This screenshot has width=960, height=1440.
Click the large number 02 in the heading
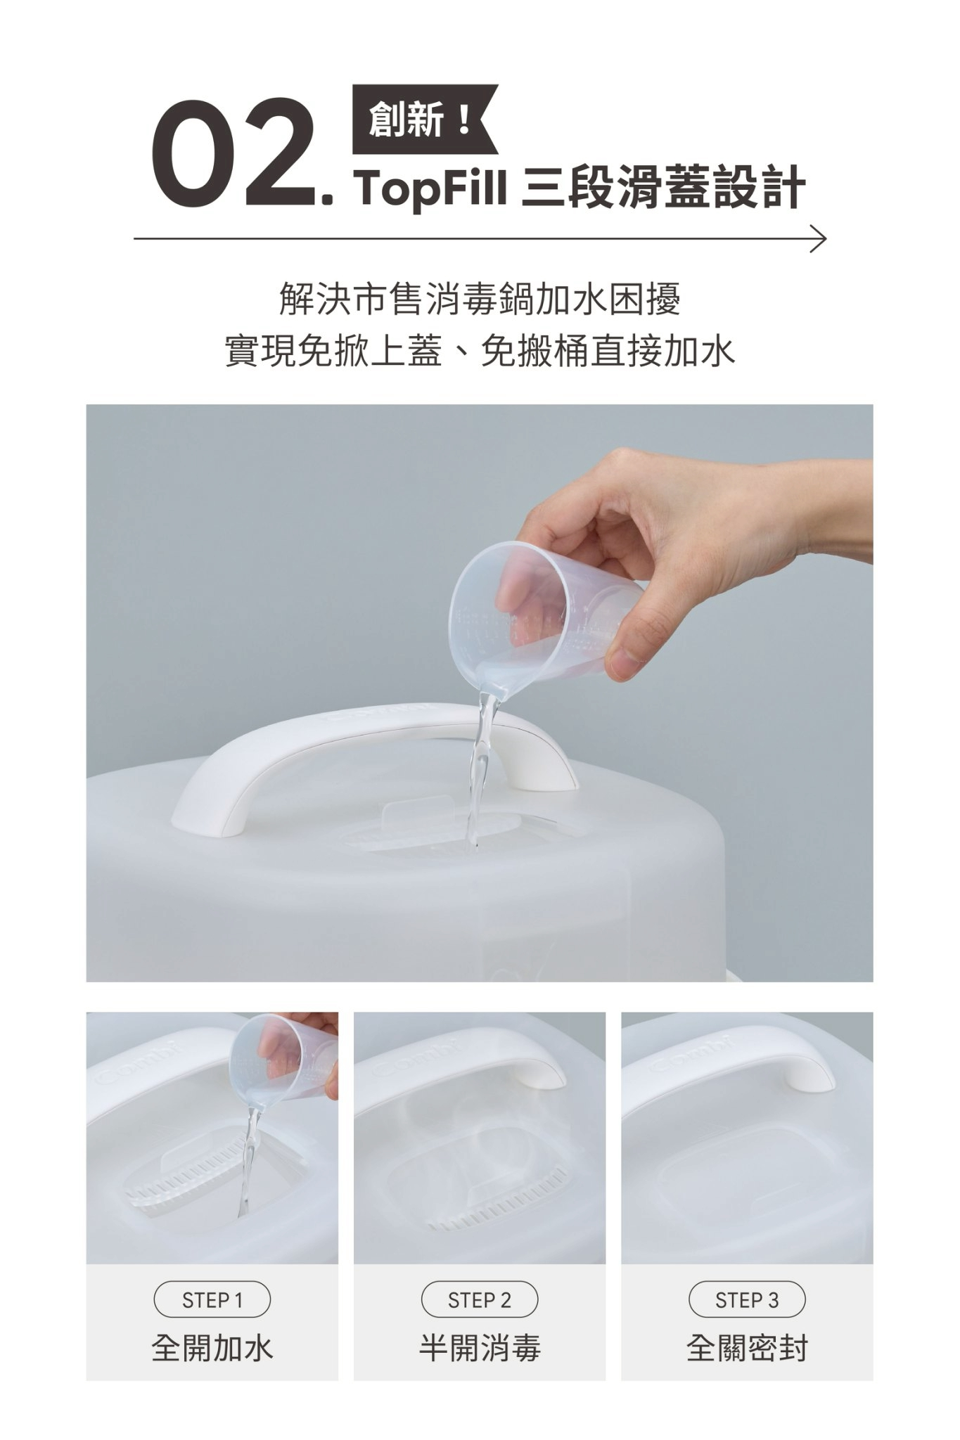click(232, 153)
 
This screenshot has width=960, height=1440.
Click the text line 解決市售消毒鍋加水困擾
click(480, 300)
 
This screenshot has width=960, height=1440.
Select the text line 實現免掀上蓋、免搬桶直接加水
click(480, 351)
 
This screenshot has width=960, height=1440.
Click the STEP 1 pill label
click(212, 1300)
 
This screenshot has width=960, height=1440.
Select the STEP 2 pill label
click(480, 1300)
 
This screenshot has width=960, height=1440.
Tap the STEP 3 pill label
click(747, 1300)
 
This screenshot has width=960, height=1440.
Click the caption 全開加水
click(212, 1349)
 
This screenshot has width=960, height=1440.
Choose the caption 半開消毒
click(480, 1349)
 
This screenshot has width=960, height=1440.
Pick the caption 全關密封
click(747, 1349)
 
